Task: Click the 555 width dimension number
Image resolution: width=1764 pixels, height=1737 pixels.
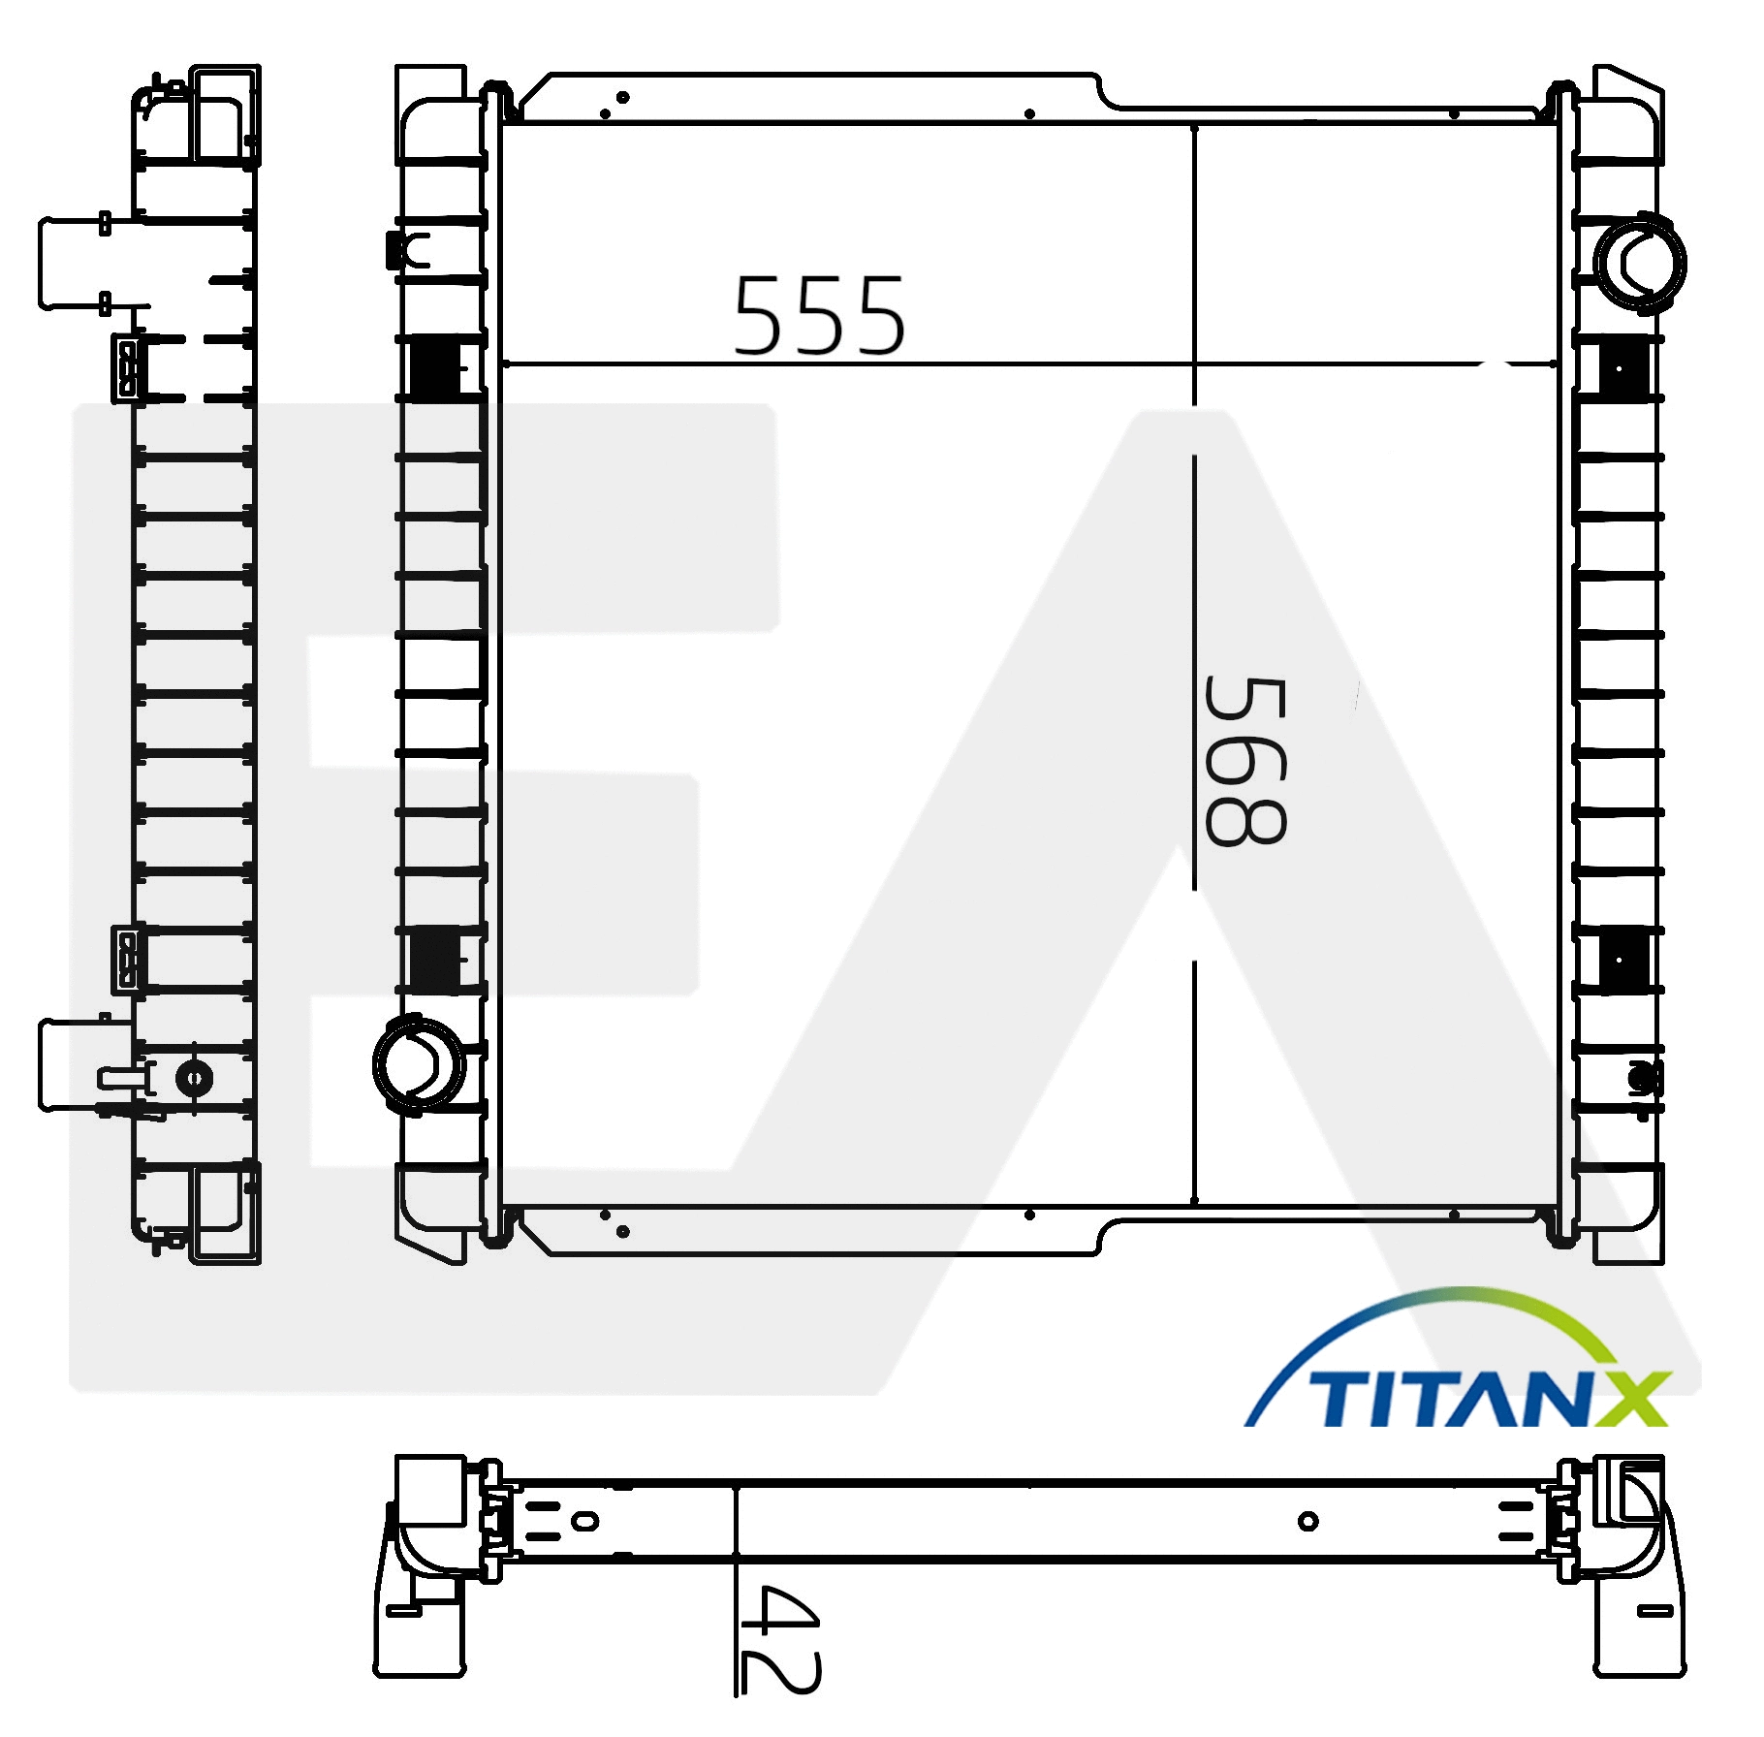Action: pos(819,316)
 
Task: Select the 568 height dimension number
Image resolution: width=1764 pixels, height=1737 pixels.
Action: pos(1245,761)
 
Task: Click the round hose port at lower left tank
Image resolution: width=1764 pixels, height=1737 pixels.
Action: pos(419,1062)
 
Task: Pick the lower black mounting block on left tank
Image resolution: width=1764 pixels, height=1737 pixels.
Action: pos(435,958)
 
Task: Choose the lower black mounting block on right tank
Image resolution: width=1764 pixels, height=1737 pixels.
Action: pos(1623,958)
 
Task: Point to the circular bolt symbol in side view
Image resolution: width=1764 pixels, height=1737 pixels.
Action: pos(194,1078)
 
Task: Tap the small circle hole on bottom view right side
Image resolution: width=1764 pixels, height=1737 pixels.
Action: pos(1307,1521)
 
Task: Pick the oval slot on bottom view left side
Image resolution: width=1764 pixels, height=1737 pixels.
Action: pos(584,1520)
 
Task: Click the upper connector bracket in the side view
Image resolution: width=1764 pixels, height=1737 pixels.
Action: pos(127,368)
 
